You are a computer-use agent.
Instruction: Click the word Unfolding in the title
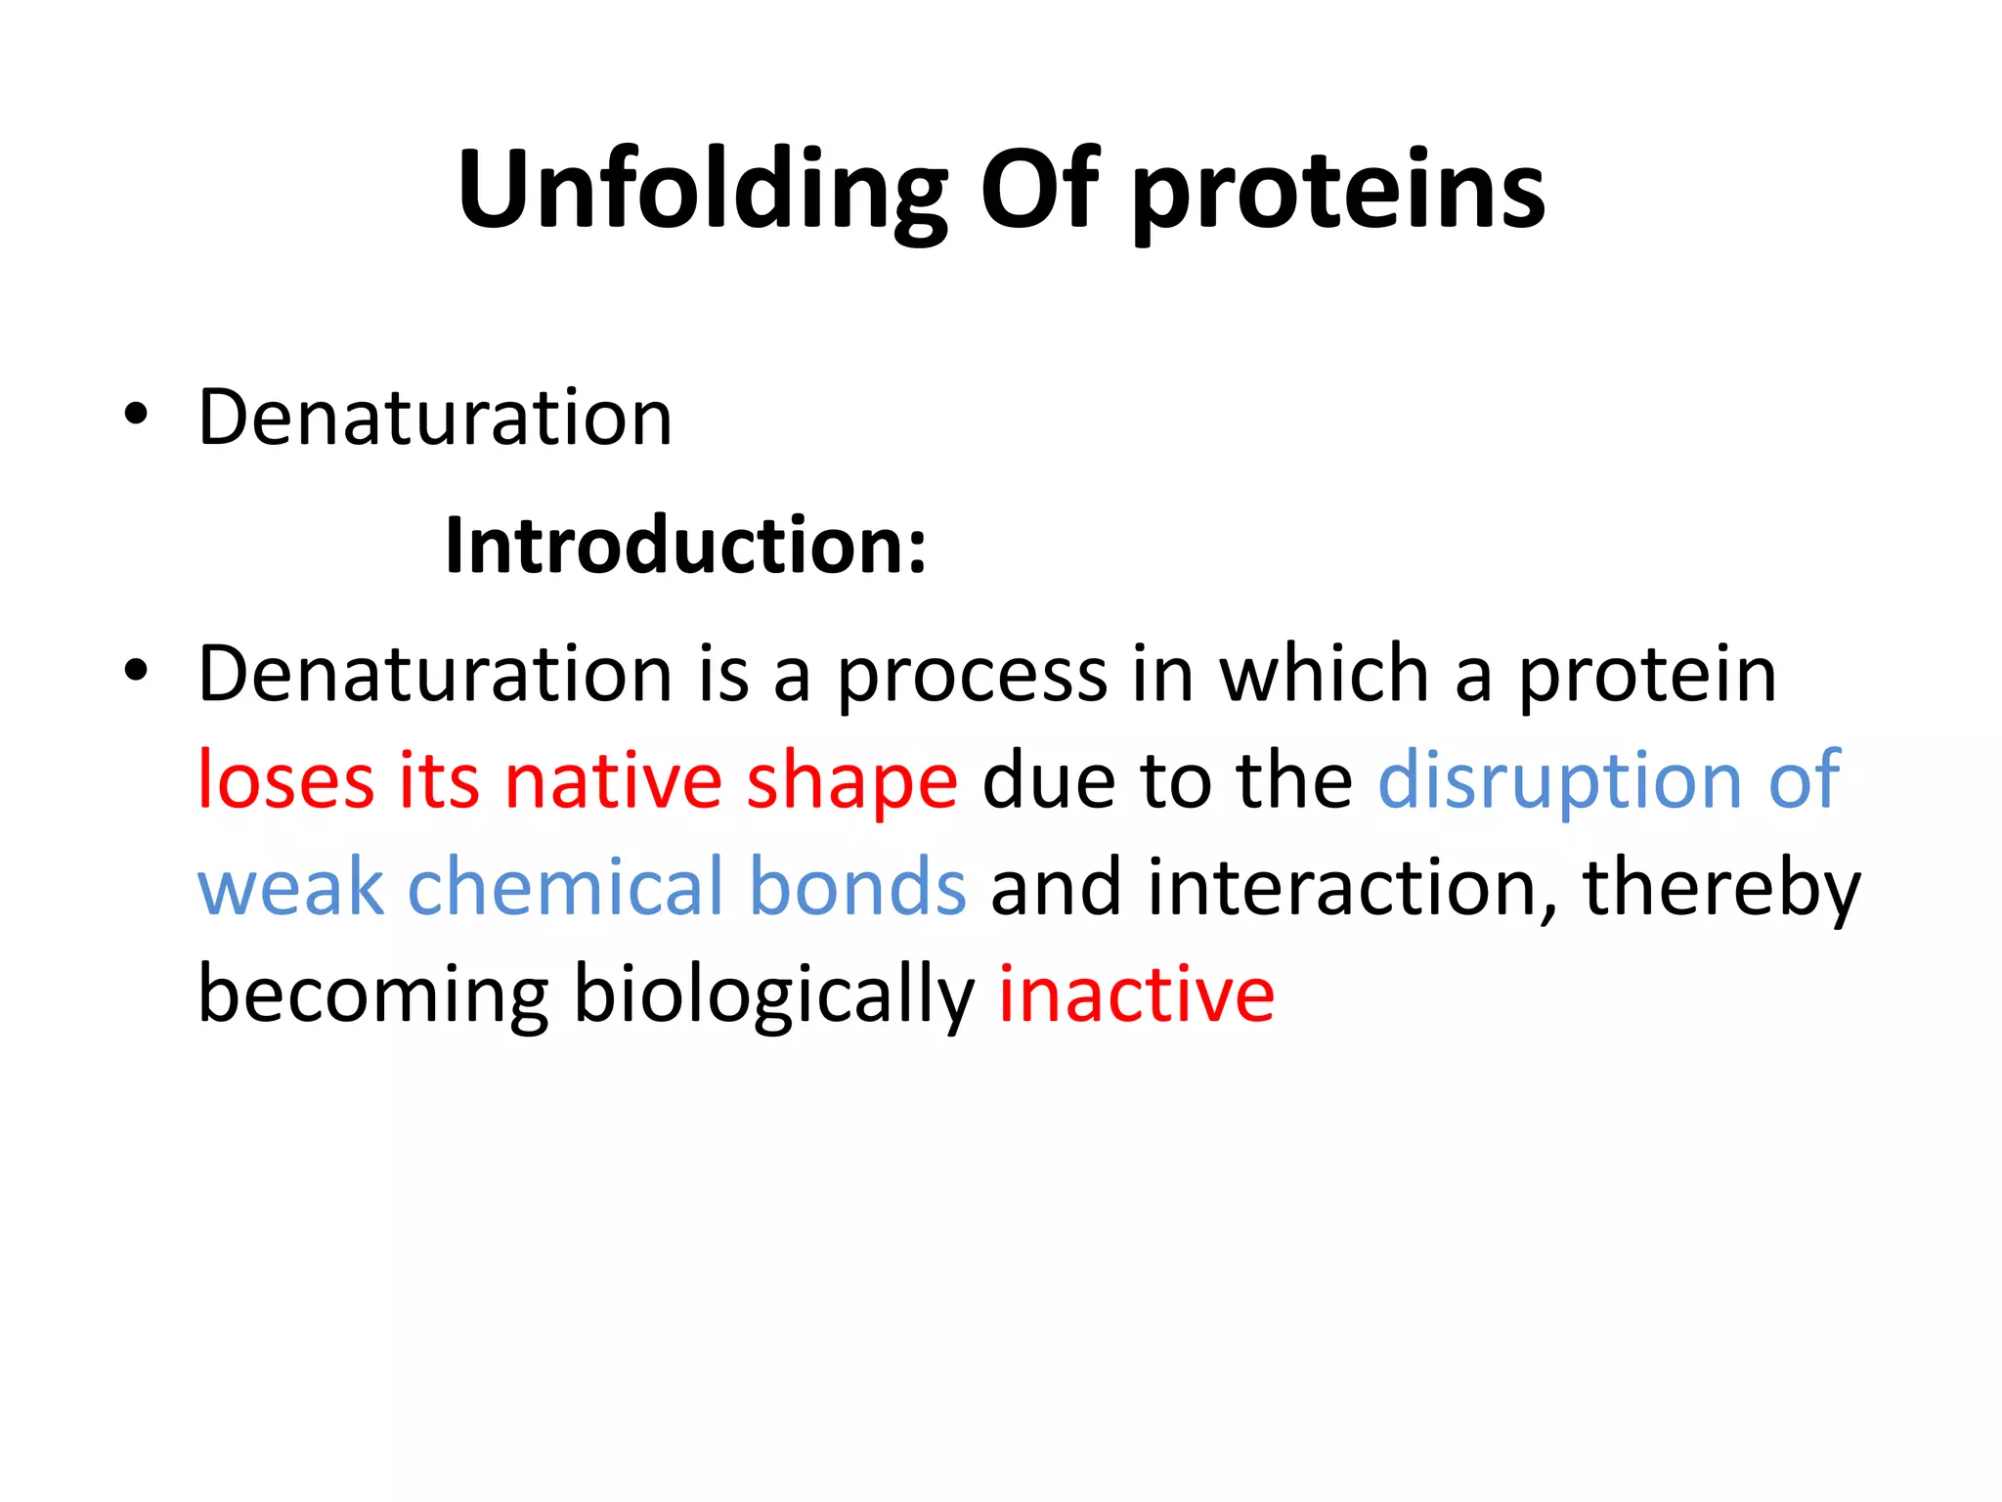tap(702, 191)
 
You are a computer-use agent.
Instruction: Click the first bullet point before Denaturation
tap(136, 415)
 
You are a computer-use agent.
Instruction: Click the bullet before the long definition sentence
tap(136, 671)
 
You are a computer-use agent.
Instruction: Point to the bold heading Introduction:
tap(685, 546)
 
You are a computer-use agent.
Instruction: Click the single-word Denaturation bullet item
tap(435, 418)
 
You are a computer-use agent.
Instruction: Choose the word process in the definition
tap(972, 677)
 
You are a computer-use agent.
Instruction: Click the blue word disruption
tap(1559, 782)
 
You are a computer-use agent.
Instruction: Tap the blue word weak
tap(291, 887)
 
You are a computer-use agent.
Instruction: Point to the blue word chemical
tap(565, 887)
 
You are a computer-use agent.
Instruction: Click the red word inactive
tap(1136, 994)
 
